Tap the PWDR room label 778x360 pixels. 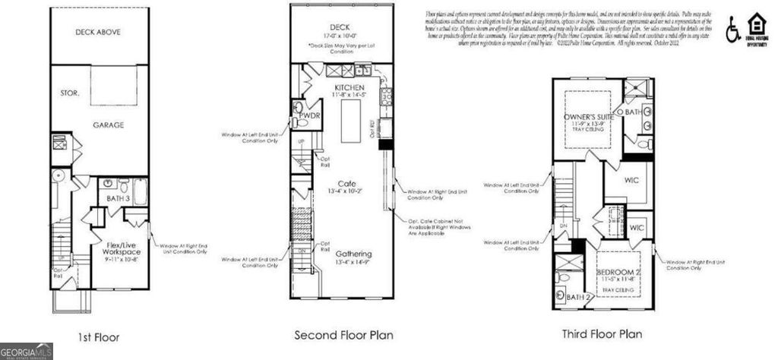click(x=309, y=117)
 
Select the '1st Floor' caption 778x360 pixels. click(x=99, y=336)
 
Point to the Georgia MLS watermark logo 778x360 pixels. click(x=27, y=352)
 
